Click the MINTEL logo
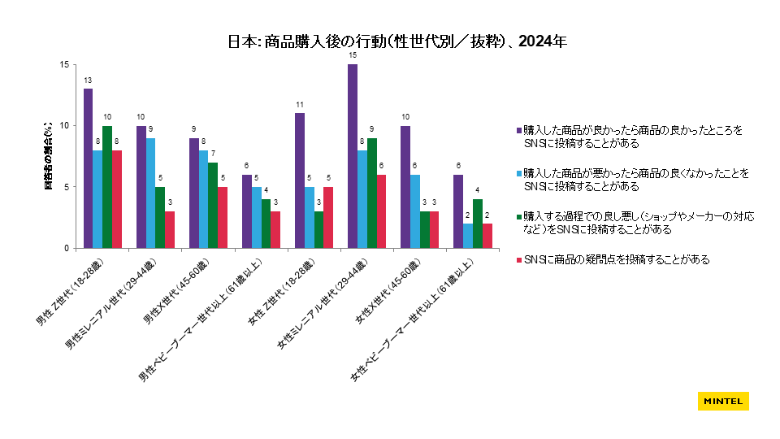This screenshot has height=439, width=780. point(722,402)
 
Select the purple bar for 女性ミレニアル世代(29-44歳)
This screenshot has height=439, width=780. point(353,156)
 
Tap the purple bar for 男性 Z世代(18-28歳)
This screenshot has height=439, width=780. point(88,168)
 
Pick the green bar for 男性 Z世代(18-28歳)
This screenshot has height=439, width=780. point(107,187)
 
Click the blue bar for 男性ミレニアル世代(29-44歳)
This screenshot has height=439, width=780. point(150,193)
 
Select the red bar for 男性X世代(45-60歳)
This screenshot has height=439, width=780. point(223,217)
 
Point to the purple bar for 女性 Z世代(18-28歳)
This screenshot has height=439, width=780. point(300,180)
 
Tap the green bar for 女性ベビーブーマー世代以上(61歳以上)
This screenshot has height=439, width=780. point(477,224)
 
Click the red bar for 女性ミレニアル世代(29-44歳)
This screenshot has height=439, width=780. point(382,211)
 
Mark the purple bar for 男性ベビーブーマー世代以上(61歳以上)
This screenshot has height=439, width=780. point(246,211)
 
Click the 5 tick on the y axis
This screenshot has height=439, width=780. point(69,187)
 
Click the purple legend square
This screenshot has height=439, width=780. point(518,130)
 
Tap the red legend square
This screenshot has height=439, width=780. point(518,260)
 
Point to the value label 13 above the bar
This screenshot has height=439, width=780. point(88,80)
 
